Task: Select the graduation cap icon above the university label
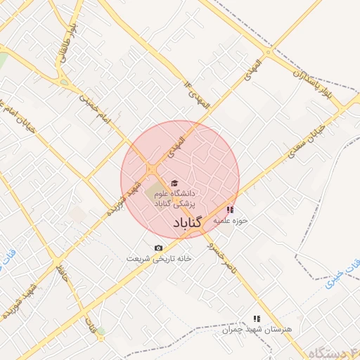click(174, 184)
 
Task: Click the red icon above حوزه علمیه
click(230, 210)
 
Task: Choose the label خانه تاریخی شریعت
click(160, 258)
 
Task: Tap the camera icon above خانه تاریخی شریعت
click(158, 247)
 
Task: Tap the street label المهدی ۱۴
click(198, 95)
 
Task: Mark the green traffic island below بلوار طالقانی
click(65, 82)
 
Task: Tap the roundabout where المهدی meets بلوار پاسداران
click(268, 51)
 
